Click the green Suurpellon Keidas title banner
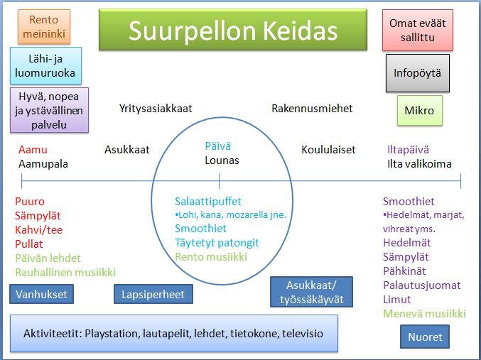click(x=233, y=30)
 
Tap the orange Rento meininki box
click(x=44, y=27)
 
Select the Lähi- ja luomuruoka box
click(x=45, y=65)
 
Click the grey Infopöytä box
click(x=418, y=73)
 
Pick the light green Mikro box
click(x=420, y=110)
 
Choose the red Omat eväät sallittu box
click(x=418, y=30)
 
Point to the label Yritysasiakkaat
click(x=156, y=109)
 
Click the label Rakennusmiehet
click(x=312, y=108)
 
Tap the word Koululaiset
click(x=328, y=150)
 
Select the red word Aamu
click(x=33, y=150)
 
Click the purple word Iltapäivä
click(x=408, y=150)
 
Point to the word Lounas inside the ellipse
click(x=222, y=160)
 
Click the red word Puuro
click(x=30, y=202)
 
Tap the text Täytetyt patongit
click(x=217, y=243)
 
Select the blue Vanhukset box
click(x=41, y=294)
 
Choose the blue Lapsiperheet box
click(x=153, y=294)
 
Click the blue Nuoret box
click(x=425, y=337)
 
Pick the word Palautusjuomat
click(x=422, y=285)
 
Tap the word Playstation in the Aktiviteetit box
click(x=111, y=333)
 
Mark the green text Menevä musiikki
click(x=425, y=313)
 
